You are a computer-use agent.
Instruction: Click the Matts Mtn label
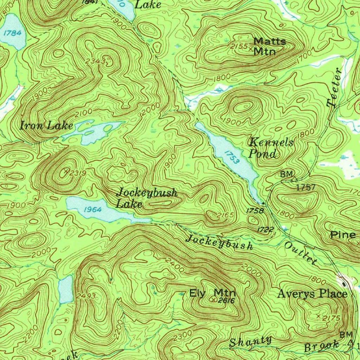click(269, 46)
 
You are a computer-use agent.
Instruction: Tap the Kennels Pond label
click(271, 148)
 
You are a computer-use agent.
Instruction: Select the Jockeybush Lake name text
click(147, 198)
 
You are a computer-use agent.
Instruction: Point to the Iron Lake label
click(46, 126)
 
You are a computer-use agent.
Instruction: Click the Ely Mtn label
click(212, 293)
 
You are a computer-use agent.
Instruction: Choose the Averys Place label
click(312, 294)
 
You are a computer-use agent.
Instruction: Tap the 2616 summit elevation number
click(226, 301)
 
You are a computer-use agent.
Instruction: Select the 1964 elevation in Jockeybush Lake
click(93, 210)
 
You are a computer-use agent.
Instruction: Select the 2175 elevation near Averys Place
click(331, 318)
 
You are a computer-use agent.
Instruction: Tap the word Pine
click(343, 235)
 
